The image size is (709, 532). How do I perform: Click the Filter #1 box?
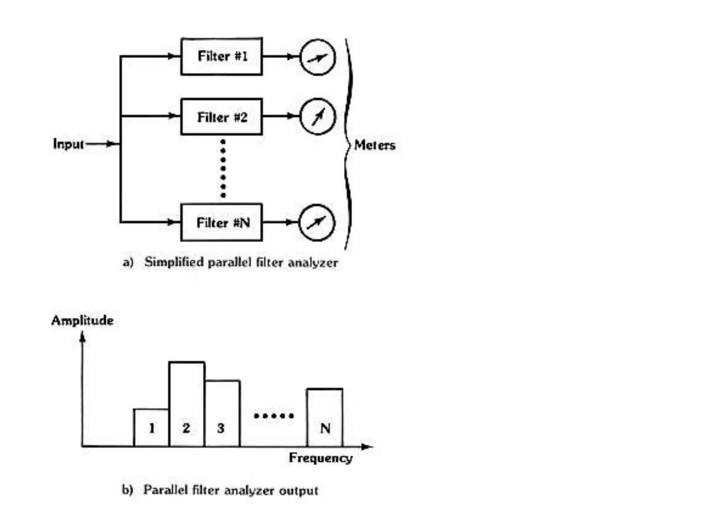[222, 56]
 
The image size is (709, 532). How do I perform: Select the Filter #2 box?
[222, 117]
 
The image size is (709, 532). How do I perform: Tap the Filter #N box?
[222, 222]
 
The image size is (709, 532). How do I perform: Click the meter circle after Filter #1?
[317, 57]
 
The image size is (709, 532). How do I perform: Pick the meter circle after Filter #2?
[317, 117]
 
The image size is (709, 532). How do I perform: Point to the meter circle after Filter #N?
[317, 222]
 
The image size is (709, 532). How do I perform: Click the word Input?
[68, 144]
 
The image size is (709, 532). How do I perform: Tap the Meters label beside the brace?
[375, 145]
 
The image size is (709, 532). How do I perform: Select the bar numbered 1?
[151, 428]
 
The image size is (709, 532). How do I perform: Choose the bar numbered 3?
[222, 414]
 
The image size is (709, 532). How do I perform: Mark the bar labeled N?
[325, 418]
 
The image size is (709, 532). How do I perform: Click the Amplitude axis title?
[82, 320]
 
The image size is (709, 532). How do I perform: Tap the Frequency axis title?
[321, 458]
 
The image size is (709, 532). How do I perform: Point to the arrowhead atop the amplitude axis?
[82, 336]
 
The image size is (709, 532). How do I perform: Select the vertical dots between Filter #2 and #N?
[223, 169]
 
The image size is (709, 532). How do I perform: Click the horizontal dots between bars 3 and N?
[274, 416]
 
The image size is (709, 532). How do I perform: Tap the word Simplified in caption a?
[174, 262]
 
